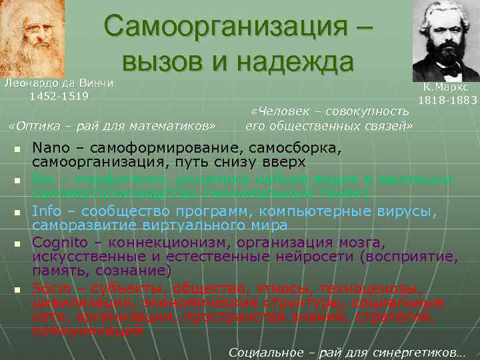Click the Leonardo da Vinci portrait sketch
pyautogui.click(x=32, y=37)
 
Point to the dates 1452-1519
pyautogui.click(x=59, y=95)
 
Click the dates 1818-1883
pyautogui.click(x=447, y=100)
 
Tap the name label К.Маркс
pyautogui.click(x=445, y=87)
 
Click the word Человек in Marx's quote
pyautogui.click(x=279, y=111)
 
